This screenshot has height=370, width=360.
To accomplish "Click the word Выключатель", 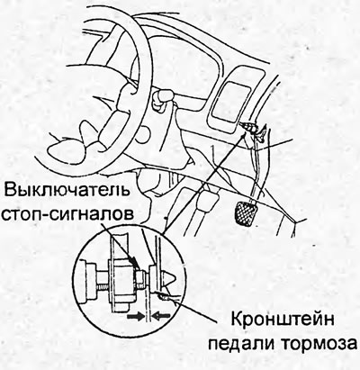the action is click(67, 191).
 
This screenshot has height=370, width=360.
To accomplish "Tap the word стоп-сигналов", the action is click(67, 215).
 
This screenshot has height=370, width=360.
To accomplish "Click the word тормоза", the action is click(318, 345).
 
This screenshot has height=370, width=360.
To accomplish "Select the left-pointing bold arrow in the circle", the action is click(162, 317).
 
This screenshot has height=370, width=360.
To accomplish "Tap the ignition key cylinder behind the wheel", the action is click(161, 99).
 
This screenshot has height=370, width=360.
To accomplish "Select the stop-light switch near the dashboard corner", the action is click(253, 129).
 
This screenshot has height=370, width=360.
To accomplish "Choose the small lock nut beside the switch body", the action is click(139, 276).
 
